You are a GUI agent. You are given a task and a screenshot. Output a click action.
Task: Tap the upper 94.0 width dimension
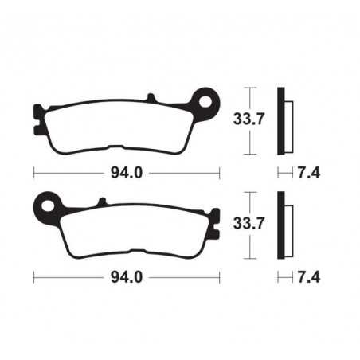[x=127, y=171]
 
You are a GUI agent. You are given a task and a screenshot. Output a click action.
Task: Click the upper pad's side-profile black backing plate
[x=280, y=119]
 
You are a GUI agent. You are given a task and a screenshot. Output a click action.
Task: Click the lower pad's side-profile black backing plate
[x=280, y=225]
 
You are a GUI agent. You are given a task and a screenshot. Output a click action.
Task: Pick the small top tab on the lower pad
[x=100, y=202]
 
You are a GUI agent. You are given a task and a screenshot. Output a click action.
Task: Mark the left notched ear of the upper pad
[x=37, y=120]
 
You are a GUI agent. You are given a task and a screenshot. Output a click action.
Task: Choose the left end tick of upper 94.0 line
[x=33, y=171]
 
